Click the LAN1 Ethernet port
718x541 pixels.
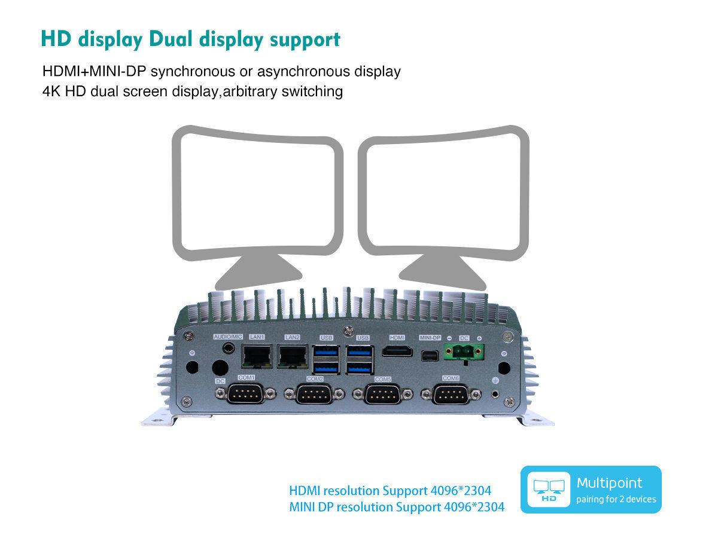pyautogui.click(x=257, y=356)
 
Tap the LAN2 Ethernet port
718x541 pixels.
pyautogui.click(x=293, y=356)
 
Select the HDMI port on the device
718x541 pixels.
pyautogui.click(x=397, y=351)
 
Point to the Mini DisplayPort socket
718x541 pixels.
pyautogui.click(x=430, y=356)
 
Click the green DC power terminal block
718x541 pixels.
pyautogui.click(x=464, y=352)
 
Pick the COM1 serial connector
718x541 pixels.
pyautogui.click(x=245, y=394)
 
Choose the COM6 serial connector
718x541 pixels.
pyautogui.click(x=451, y=395)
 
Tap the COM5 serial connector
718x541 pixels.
pyautogui.click(x=382, y=395)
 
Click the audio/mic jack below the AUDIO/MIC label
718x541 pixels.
pyautogui.click(x=229, y=349)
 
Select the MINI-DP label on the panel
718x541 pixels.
pyautogui.click(x=430, y=338)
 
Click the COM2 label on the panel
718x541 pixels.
pyautogui.click(x=315, y=379)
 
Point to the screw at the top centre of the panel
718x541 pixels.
pyautogui.click(x=349, y=331)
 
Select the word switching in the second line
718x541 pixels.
pyautogui.click(x=312, y=92)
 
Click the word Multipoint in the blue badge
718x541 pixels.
pyautogui.click(x=609, y=484)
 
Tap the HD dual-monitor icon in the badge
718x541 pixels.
pyautogui.click(x=549, y=490)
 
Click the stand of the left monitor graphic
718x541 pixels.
pyautogui.click(x=258, y=273)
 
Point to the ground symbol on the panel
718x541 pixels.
pyautogui.click(x=495, y=380)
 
